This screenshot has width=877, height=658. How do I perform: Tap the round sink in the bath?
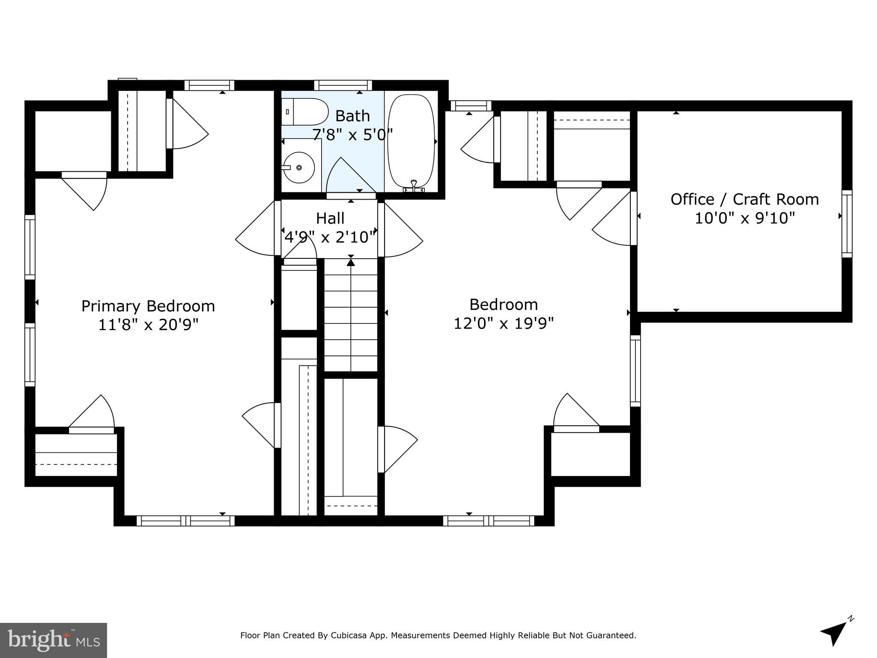point(299,167)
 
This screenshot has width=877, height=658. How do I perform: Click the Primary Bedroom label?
point(148,306)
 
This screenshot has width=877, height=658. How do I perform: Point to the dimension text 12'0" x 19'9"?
point(504,323)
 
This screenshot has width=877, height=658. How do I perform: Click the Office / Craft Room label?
point(744,200)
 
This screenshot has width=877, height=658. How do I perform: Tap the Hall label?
point(330,218)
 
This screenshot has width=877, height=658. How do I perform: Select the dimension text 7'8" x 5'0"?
point(352,135)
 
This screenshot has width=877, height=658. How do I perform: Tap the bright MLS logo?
point(54,640)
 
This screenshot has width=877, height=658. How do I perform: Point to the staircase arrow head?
point(351,262)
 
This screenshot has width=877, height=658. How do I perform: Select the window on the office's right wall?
point(847,224)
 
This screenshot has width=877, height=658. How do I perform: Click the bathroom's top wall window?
point(343,85)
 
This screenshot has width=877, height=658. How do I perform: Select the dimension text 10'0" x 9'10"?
point(744,218)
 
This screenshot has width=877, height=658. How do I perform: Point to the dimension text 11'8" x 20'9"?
point(148,325)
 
